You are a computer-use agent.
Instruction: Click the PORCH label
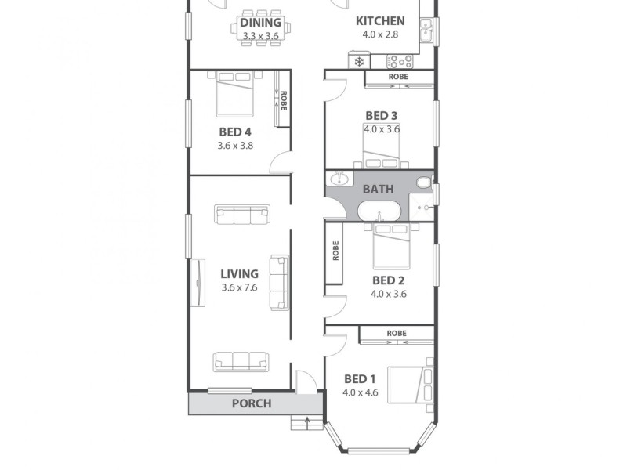pos(252,403)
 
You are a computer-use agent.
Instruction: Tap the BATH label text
pos(378,189)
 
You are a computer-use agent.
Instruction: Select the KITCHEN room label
pos(380,21)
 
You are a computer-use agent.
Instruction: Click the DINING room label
pos(260,22)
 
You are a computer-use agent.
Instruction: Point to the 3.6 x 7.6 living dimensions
pos(239,287)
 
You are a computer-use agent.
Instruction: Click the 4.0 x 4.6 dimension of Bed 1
pos(361,392)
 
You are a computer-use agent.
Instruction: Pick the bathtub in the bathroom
pos(379,211)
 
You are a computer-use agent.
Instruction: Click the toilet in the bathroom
pos(423,183)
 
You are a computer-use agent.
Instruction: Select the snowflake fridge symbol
pos(359,61)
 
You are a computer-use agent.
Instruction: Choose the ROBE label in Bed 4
pos(284,100)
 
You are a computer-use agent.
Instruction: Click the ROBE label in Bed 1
pos(397,334)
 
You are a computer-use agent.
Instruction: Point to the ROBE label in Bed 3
pos(398,77)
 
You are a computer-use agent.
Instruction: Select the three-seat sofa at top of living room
pos(242,213)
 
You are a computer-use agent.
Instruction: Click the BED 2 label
pos(388,280)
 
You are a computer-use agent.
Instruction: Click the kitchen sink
pos(426,31)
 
